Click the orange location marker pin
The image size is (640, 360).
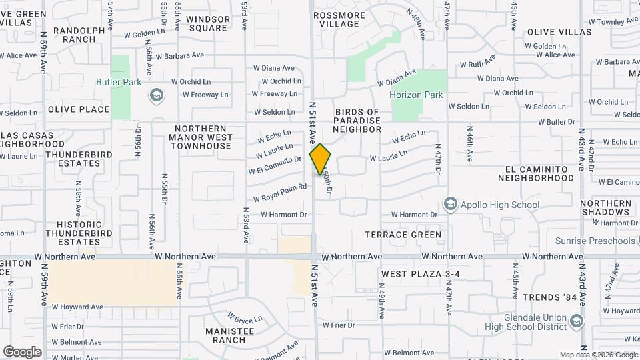[x=320, y=159]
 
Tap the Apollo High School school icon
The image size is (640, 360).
[x=451, y=204]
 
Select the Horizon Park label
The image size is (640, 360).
[x=416, y=95]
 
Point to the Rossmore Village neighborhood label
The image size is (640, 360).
[x=339, y=19]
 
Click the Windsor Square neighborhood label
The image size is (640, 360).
[x=208, y=24]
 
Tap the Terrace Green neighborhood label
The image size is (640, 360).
[x=403, y=235]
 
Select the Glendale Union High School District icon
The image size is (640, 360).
[x=577, y=321]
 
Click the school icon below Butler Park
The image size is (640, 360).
[x=156, y=95]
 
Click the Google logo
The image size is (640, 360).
[x=22, y=351]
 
